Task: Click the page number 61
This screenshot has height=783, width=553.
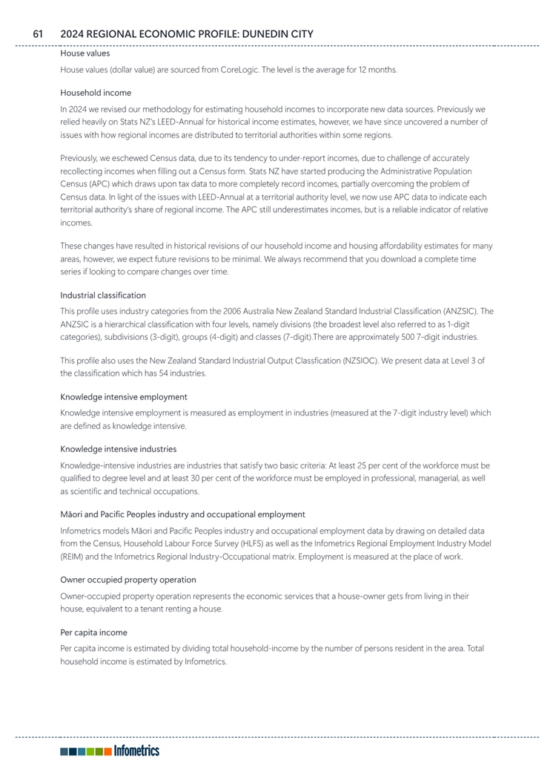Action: [39, 34]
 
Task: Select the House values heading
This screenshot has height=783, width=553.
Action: [85, 53]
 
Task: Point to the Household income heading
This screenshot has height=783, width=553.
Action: [96, 93]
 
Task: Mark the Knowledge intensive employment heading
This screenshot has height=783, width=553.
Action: [123, 396]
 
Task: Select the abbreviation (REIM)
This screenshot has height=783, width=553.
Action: [72, 557]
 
